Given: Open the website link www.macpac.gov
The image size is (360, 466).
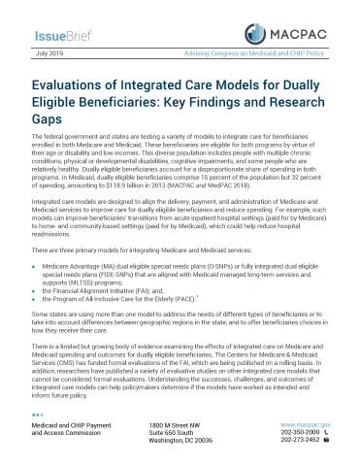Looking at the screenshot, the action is (305, 425).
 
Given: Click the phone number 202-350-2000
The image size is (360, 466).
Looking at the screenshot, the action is (296, 434).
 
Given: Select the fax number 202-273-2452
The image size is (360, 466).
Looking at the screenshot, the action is (296, 444).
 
